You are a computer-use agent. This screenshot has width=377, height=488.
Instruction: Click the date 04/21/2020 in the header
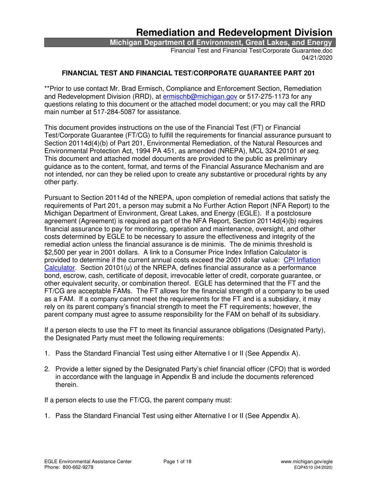pyautogui.click(x=317, y=58)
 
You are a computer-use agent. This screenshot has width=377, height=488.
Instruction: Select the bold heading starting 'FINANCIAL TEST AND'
pyautogui.click(x=188, y=73)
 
